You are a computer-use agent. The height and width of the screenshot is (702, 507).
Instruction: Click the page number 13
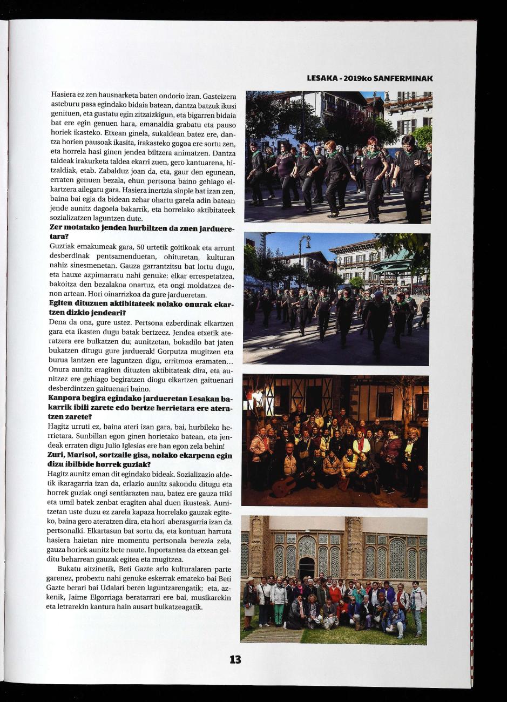(235, 659)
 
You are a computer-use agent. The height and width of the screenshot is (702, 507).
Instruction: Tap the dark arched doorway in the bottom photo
(306, 568)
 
